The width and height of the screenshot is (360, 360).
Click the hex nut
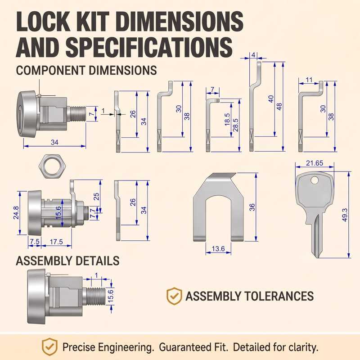[53, 166]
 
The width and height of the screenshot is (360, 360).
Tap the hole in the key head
[315, 180]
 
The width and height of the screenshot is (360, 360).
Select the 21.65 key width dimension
[314, 163]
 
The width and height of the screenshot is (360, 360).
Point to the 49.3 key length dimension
[345, 215]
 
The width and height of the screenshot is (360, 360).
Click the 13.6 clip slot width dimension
[218, 249]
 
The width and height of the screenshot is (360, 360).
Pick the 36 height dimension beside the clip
[252, 207]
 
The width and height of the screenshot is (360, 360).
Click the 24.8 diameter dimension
[16, 212]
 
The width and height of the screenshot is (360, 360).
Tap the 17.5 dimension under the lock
[56, 242]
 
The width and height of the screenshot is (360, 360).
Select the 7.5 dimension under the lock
[35, 242]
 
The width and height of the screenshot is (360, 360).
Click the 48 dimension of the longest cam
[279, 107]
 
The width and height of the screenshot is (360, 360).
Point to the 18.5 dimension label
[227, 119]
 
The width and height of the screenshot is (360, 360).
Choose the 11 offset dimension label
[309, 80]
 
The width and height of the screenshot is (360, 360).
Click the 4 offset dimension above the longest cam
[253, 55]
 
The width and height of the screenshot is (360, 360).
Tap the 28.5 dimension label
[235, 125]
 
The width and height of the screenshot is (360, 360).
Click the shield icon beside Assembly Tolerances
[174, 296]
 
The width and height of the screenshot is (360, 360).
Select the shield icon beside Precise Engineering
[49, 346]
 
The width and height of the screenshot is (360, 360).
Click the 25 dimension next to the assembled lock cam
[96, 197]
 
